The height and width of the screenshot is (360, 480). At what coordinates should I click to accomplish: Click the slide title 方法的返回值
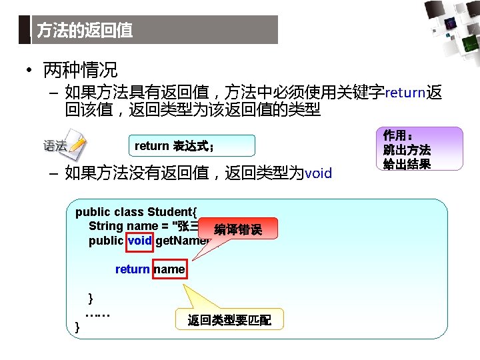(x=85, y=31)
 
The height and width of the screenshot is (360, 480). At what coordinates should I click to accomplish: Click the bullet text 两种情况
(x=80, y=69)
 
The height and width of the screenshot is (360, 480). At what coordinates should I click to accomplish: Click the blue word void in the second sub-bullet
(x=317, y=173)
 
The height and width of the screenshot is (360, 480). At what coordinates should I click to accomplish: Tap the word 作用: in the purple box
(x=399, y=136)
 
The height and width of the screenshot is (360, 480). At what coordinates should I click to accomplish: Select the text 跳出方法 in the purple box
(x=407, y=150)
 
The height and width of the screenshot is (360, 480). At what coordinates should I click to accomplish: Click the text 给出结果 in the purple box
(x=407, y=164)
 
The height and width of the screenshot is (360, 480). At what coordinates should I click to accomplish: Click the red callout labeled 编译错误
(x=238, y=230)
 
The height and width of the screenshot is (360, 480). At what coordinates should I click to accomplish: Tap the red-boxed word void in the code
(x=140, y=241)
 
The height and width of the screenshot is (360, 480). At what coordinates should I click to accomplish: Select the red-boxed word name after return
(x=169, y=269)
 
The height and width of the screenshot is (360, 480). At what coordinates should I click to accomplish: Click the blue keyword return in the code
(x=132, y=269)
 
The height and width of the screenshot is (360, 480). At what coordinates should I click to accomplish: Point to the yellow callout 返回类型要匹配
(x=229, y=320)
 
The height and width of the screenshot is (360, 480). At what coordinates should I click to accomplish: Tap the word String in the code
(x=106, y=227)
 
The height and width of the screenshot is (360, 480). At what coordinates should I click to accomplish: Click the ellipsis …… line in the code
(x=98, y=312)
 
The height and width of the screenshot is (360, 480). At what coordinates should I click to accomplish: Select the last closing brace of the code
(x=78, y=327)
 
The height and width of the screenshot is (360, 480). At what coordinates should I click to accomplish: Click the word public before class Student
(x=93, y=213)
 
